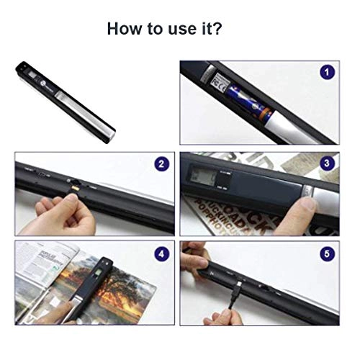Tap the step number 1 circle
(x=328, y=73)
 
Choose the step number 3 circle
(x=328, y=164)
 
